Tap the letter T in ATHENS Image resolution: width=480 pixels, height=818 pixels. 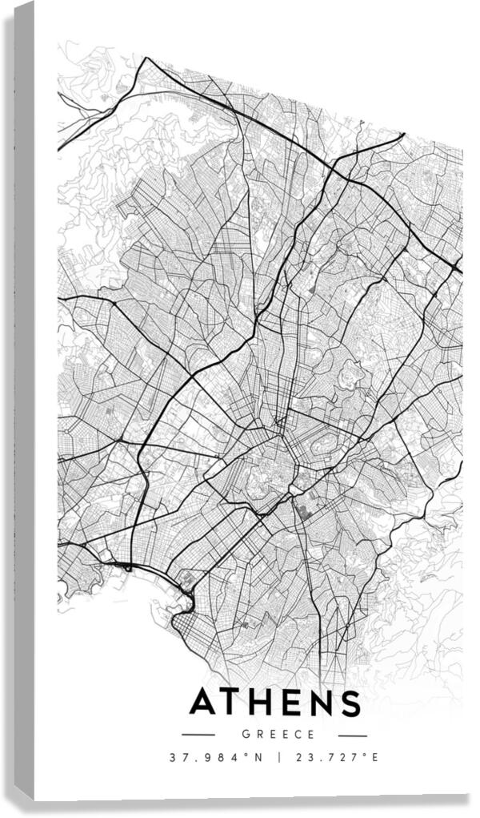point(238,703)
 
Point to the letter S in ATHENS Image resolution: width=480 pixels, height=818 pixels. point(350,703)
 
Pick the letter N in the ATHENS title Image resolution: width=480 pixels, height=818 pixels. point(323,703)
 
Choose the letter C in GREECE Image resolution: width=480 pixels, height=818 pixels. point(298,734)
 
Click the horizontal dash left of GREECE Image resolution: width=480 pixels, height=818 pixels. point(198,735)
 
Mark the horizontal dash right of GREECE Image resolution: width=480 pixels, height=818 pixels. point(352,735)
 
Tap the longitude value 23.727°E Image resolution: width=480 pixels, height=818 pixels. point(337,757)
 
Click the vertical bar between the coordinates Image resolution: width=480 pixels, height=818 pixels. point(279,757)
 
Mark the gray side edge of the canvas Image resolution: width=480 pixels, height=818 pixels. point(24,401)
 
